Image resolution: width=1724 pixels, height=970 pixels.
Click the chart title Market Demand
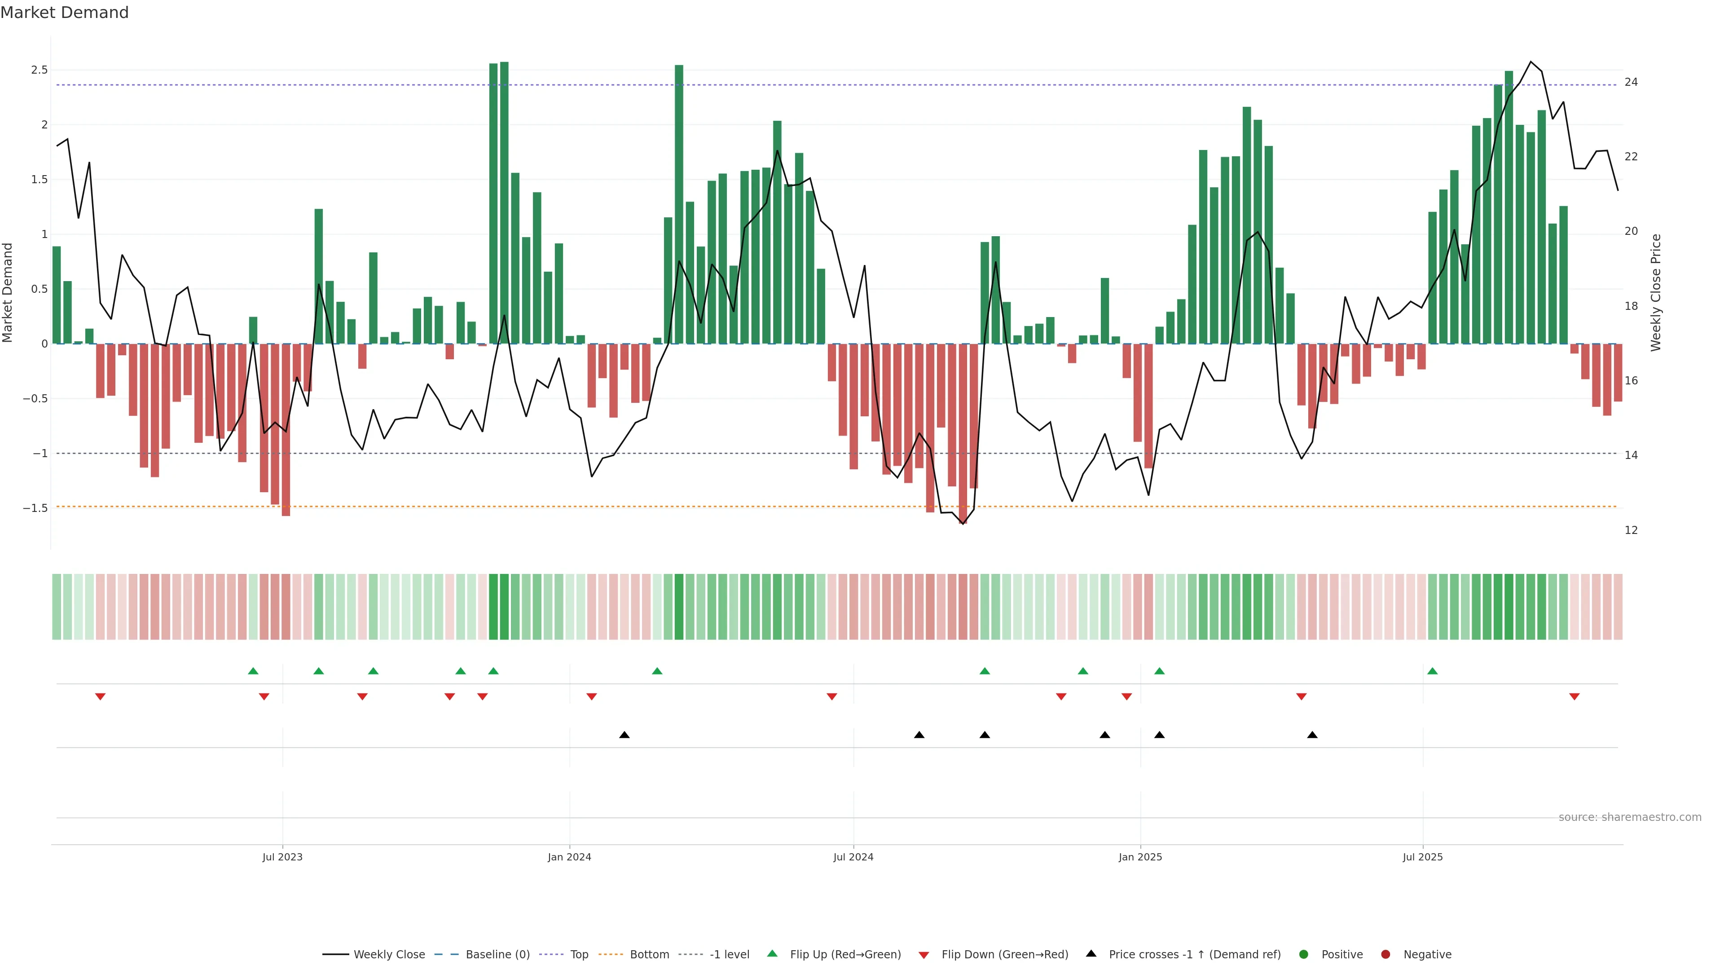point(64,13)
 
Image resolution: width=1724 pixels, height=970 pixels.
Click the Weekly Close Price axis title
point(1656,292)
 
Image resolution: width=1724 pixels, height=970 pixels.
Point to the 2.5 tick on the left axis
point(40,71)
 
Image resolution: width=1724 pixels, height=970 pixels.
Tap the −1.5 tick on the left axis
point(35,508)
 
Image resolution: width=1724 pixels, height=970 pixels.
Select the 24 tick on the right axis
point(1631,82)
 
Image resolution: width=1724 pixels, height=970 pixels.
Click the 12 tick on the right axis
point(1631,530)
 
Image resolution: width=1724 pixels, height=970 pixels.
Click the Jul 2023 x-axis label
point(282,857)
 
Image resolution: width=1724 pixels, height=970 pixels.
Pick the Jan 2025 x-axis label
point(1140,857)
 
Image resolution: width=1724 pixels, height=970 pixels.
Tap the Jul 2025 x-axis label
point(1423,857)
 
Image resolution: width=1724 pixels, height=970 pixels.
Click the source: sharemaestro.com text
point(1630,817)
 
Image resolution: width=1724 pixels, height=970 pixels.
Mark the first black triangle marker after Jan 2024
point(625,735)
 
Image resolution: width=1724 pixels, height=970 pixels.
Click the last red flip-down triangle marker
point(1574,697)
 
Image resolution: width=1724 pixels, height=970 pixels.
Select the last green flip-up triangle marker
point(1432,671)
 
